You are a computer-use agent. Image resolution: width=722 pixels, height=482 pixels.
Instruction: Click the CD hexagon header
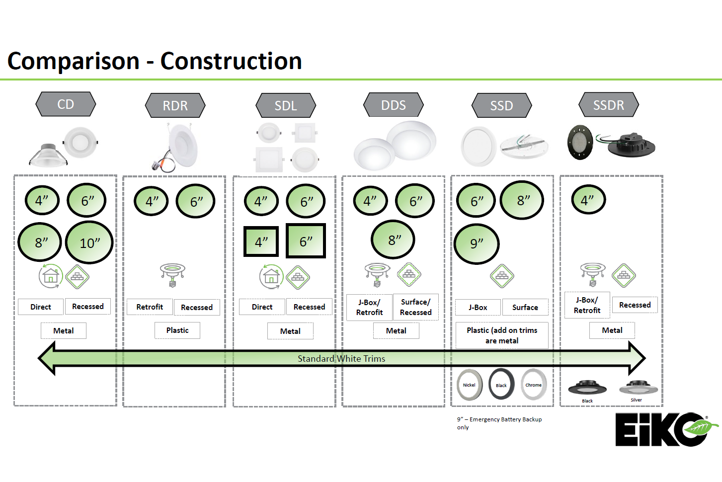pyautogui.click(x=66, y=104)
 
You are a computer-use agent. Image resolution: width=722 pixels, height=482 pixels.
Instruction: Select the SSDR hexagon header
pyautogui.click(x=609, y=105)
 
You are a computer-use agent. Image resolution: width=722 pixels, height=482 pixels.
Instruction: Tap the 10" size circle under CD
pyautogui.click(x=89, y=242)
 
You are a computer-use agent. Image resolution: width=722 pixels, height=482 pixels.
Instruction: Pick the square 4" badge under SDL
pyautogui.click(x=261, y=241)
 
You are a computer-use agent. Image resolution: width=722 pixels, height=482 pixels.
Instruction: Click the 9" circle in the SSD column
pyautogui.click(x=477, y=243)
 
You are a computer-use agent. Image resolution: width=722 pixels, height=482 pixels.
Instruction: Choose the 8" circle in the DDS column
pyautogui.click(x=393, y=240)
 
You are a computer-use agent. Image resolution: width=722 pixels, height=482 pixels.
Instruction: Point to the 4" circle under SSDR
pyautogui.click(x=588, y=200)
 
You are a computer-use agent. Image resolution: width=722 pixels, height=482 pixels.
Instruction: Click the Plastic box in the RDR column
pyautogui.click(x=177, y=330)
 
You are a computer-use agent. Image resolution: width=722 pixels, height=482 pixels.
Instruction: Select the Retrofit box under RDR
pyautogui.click(x=150, y=307)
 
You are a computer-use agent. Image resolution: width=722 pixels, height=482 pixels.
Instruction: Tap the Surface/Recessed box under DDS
pyautogui.click(x=416, y=307)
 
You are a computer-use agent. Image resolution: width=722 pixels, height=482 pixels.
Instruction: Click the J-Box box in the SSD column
pyautogui.click(x=478, y=308)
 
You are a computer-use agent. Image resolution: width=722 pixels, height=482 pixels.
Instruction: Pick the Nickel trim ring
pyautogui.click(x=469, y=385)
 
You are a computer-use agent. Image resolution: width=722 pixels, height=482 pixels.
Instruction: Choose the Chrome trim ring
pyautogui.click(x=534, y=385)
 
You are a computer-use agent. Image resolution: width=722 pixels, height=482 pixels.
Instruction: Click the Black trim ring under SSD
pyautogui.click(x=501, y=385)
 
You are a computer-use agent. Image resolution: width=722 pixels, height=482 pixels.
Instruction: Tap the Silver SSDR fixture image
pyautogui.click(x=639, y=388)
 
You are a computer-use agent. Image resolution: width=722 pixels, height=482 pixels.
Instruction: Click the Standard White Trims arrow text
pyautogui.click(x=341, y=359)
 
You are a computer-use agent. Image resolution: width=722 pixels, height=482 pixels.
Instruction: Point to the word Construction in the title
pyautogui.click(x=231, y=61)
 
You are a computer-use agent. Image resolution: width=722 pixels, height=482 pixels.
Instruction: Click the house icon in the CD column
pyautogui.click(x=50, y=276)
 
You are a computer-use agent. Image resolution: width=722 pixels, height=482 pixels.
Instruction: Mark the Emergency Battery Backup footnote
pyautogui.click(x=499, y=423)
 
